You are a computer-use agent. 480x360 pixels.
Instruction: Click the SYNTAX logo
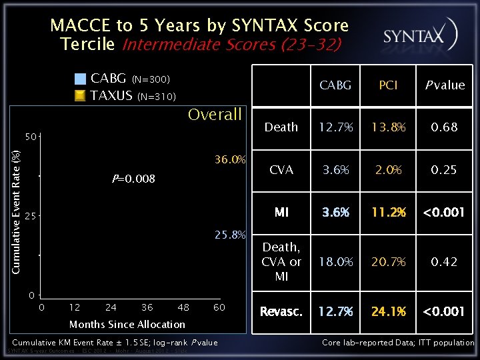[x=419, y=35]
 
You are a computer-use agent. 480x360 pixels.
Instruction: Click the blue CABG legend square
[x=80, y=79]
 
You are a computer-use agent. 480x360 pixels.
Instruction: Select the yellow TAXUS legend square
[x=80, y=95]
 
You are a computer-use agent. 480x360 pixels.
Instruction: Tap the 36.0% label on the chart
[x=231, y=160]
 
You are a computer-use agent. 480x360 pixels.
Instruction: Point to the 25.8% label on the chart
[x=231, y=235]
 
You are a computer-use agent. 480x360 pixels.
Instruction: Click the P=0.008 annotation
[x=133, y=179]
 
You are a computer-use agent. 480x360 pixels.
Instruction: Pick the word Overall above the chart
[x=215, y=115]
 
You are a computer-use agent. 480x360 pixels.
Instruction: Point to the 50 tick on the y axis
[x=31, y=137]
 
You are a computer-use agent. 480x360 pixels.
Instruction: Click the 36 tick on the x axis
[x=147, y=307]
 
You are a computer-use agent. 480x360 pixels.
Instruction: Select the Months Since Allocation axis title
[x=127, y=325]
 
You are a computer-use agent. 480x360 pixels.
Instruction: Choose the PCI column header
[x=388, y=85]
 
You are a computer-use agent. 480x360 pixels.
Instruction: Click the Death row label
[x=281, y=127]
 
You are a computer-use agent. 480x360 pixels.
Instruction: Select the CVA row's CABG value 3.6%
[x=335, y=170]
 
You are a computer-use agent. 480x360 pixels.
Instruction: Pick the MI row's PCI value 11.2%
[x=388, y=213]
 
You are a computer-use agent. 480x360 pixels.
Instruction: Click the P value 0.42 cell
[x=444, y=262]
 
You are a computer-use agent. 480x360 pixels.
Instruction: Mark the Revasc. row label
[x=281, y=311]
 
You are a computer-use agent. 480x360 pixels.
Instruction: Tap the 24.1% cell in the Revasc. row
[x=388, y=311]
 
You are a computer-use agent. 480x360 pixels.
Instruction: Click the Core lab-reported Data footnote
[x=398, y=343]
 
